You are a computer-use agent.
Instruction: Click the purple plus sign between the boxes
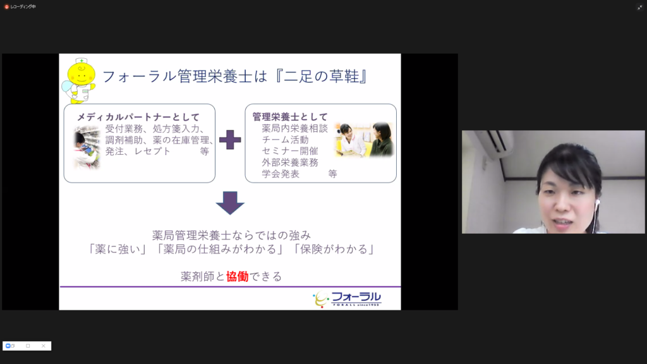click(230, 140)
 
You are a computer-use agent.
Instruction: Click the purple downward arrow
click(230, 203)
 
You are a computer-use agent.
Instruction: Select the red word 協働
click(238, 276)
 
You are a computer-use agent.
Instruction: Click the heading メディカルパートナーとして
click(138, 117)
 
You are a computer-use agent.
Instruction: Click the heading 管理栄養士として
click(290, 117)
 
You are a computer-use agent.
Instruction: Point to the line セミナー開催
click(289, 151)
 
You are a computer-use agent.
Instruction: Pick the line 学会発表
click(281, 174)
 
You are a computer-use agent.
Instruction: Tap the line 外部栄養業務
click(290, 162)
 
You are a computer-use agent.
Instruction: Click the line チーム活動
click(285, 140)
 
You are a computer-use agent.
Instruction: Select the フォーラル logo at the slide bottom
click(347, 299)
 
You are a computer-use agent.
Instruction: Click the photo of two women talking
click(363, 140)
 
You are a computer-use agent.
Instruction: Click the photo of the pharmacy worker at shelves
click(87, 147)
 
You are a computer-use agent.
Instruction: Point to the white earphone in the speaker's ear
click(596, 203)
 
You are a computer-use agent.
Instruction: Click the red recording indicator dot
click(6, 6)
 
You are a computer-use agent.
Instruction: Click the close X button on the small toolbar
click(44, 346)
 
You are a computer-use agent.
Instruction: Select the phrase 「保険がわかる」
click(334, 249)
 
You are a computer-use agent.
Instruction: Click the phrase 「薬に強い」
click(117, 249)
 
